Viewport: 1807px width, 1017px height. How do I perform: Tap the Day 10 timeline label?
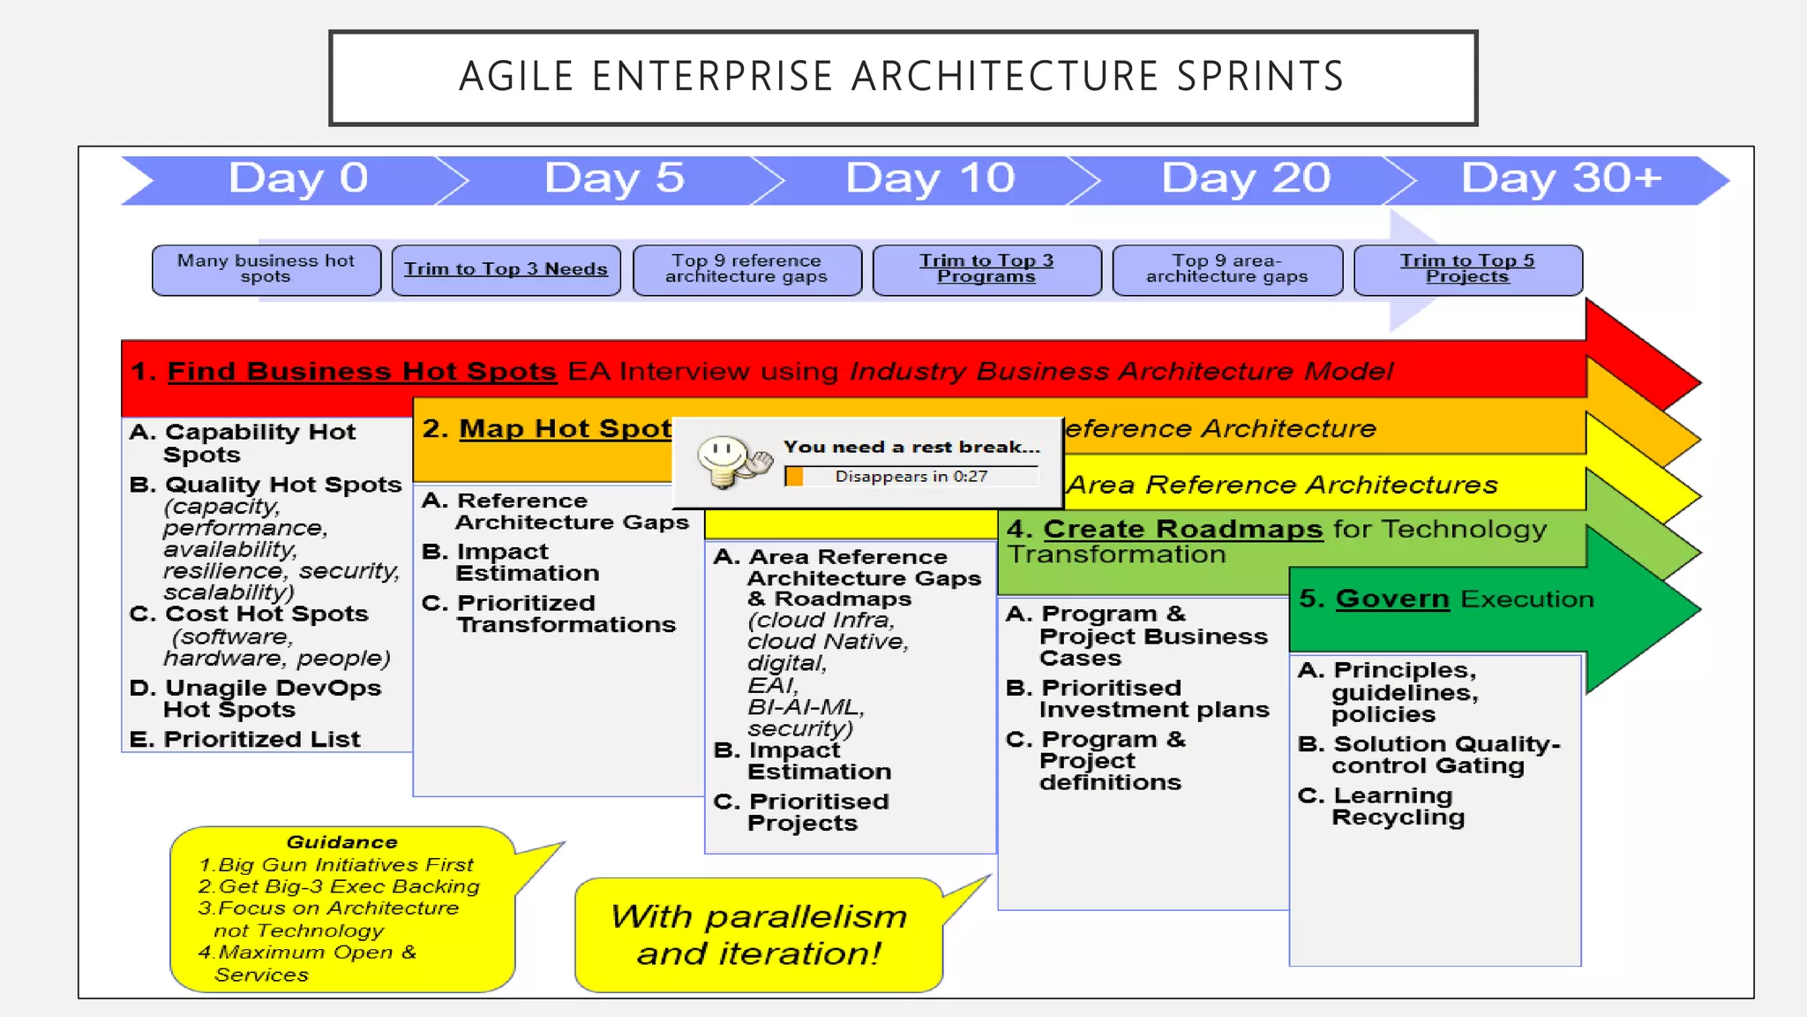[x=930, y=179]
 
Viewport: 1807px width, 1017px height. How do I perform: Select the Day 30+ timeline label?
[x=1561, y=179]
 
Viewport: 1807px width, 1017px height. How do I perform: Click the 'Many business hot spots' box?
[x=266, y=269]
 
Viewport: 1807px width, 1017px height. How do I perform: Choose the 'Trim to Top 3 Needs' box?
[x=506, y=269]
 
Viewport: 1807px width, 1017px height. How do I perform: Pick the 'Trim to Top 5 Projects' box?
[x=1467, y=269]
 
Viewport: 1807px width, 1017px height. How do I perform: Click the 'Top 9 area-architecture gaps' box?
[x=1226, y=269]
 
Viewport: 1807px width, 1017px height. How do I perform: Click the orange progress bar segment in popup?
[x=794, y=477]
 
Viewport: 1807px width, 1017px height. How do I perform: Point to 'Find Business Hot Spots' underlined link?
[x=362, y=372]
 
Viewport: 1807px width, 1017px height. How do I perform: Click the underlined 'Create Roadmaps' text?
[x=1182, y=530]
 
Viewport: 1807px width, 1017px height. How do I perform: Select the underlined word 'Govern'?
[x=1391, y=599]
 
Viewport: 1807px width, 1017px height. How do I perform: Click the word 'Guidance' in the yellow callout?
[x=341, y=842]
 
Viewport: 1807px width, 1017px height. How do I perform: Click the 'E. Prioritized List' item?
[x=245, y=740]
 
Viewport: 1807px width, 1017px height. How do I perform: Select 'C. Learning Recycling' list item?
[x=1382, y=807]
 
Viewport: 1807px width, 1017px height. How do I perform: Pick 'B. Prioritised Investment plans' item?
[x=1138, y=699]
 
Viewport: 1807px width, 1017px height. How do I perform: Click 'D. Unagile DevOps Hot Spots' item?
[x=256, y=699]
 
